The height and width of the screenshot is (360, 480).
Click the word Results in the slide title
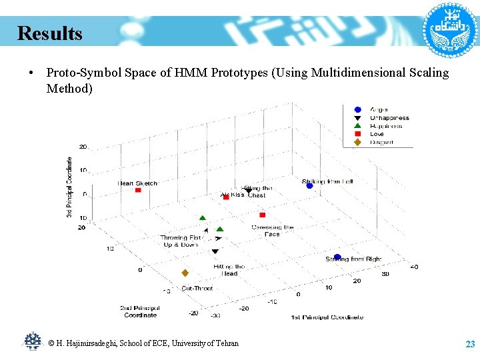(x=50, y=33)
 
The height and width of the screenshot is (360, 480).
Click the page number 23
(x=469, y=344)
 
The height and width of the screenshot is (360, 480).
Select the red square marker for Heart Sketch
(x=138, y=191)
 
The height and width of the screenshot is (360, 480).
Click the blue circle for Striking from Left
(x=309, y=186)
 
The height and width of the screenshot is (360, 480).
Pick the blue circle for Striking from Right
(x=337, y=257)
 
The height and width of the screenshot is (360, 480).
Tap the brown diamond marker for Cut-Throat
(x=185, y=273)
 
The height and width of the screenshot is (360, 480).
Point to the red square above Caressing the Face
(x=262, y=215)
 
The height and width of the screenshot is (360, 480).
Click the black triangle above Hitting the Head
(x=215, y=251)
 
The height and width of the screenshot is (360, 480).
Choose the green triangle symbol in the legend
(x=357, y=126)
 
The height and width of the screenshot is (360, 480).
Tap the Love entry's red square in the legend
(x=357, y=134)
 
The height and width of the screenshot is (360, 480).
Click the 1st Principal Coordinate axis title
(x=327, y=317)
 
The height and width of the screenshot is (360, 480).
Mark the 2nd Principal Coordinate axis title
(x=140, y=311)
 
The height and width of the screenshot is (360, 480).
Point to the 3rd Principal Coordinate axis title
(x=69, y=187)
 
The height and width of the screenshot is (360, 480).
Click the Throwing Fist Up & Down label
(x=180, y=241)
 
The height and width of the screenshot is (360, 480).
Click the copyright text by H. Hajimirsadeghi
(x=143, y=343)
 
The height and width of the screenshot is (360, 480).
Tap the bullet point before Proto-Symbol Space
(x=31, y=73)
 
